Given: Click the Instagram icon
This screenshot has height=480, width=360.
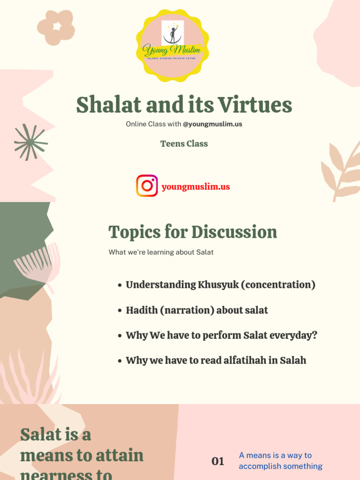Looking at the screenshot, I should pos(147,186).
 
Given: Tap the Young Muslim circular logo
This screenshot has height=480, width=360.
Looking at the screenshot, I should pos(172,45).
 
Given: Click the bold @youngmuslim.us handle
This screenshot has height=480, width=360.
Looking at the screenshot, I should pos(212,124).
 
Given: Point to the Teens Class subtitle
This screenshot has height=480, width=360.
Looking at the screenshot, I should pos(184,144).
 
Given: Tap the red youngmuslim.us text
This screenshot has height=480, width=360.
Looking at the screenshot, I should pos(195,187).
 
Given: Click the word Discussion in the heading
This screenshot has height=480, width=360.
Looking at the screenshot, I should pos(234,232).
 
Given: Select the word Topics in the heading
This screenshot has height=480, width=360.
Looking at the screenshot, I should pos(134,232).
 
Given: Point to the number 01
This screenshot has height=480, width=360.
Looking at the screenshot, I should pos(218,461).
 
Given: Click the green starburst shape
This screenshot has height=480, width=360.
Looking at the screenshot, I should pos(31,142).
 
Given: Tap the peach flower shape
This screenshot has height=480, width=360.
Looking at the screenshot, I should pos(56,28).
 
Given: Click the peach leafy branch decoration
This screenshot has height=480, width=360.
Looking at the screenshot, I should pos(341,171).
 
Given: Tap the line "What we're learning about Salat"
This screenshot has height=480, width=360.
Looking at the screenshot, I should pos(161,252).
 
